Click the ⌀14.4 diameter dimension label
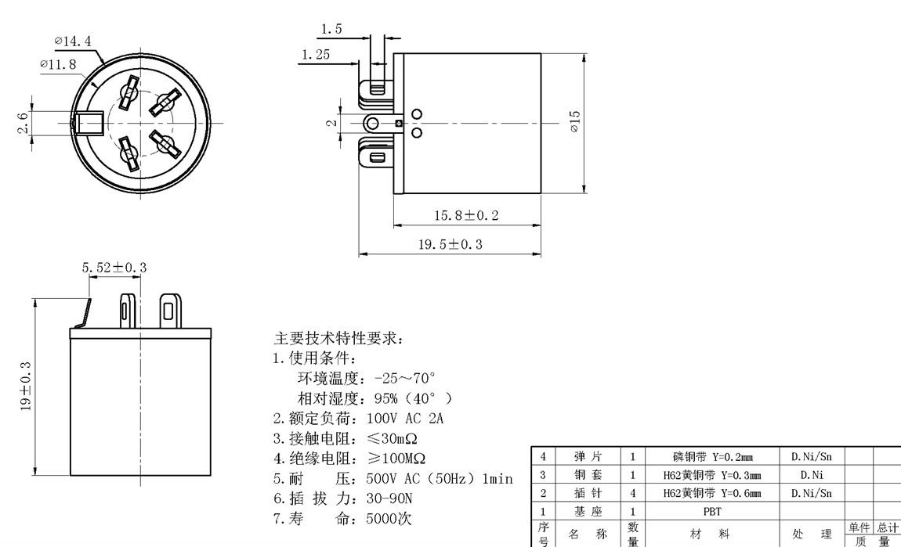pyautogui.click(x=79, y=39)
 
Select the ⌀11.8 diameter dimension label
pyautogui.click(x=60, y=64)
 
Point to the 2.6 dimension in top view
pyautogui.click(x=24, y=123)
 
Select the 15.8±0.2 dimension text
pyautogui.click(x=467, y=215)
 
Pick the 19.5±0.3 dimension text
pyautogui.click(x=450, y=244)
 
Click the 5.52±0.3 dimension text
pyautogui.click(x=114, y=268)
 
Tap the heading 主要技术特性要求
pyautogui.click(x=338, y=339)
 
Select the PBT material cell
pyautogui.click(x=712, y=512)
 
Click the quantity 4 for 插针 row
pyautogui.click(x=633, y=493)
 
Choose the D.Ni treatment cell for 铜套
pyautogui.click(x=811, y=474)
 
